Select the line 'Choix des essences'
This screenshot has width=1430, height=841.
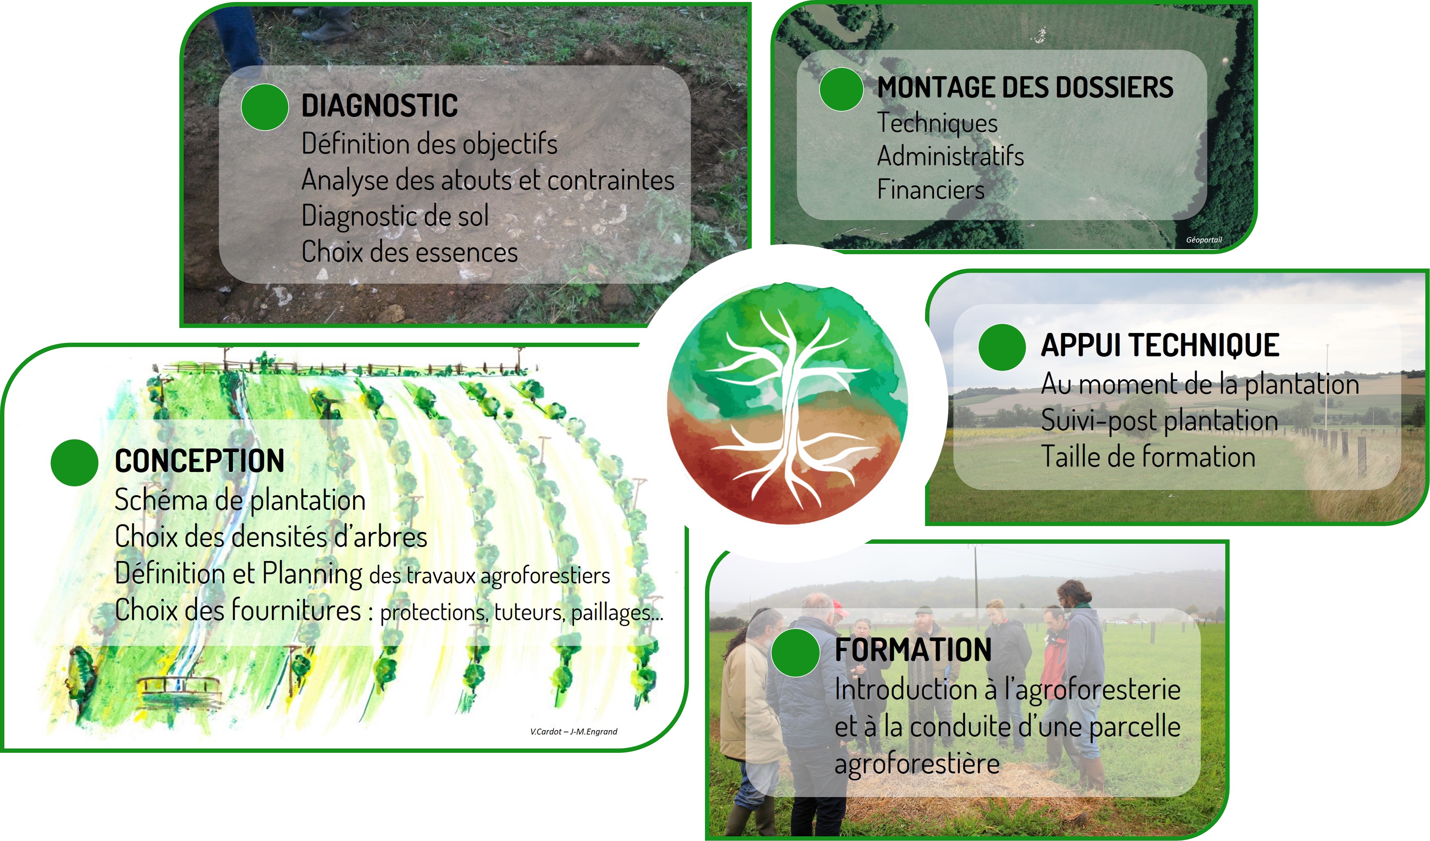409,252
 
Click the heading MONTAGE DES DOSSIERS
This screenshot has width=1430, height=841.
1025,88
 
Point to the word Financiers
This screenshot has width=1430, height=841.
931,189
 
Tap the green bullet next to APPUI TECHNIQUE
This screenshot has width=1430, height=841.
1002,347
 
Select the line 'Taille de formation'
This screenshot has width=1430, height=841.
1148,457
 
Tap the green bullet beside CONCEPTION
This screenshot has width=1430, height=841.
74,463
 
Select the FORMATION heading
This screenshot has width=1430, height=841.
913,650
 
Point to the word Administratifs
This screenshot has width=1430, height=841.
950,156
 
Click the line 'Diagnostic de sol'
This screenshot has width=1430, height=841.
395,216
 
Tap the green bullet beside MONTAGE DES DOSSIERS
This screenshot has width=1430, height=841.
842,89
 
